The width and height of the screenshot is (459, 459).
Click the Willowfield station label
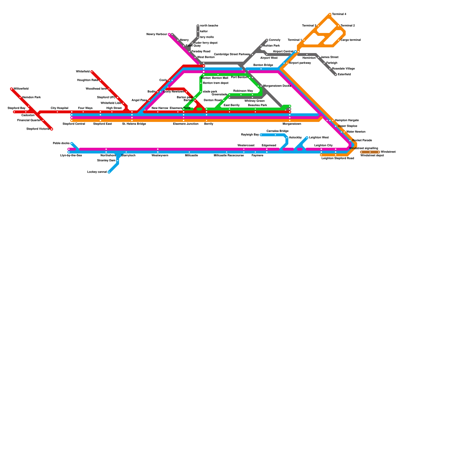coord(21,89)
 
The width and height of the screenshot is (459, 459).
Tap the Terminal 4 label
coord(339,14)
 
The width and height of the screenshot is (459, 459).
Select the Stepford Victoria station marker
coord(52,129)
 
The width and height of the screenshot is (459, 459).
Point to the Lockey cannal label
coord(97,172)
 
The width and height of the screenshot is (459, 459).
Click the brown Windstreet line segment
coord(370,152)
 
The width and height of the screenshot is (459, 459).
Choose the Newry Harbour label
coord(157,34)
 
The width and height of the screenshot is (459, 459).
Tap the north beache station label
coord(209,26)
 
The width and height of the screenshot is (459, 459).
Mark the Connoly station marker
coord(267,40)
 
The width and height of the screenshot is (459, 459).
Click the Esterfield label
coord(344,75)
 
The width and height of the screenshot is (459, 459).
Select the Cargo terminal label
coord(351,40)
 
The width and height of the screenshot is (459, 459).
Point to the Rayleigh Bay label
coord(250,135)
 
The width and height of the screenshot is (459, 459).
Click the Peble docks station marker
coord(72,143)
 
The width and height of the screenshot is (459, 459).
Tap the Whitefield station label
coord(83,72)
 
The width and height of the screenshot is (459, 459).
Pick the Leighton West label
coord(319,138)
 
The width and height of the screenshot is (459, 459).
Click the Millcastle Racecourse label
coord(229,155)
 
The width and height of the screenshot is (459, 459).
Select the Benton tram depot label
coord(216,83)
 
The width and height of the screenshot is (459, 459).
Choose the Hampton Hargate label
coord(347,120)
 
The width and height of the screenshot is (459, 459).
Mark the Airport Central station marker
coord(295,52)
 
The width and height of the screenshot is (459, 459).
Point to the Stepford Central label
coord(74,124)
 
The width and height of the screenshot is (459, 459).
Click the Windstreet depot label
coord(372,155)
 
